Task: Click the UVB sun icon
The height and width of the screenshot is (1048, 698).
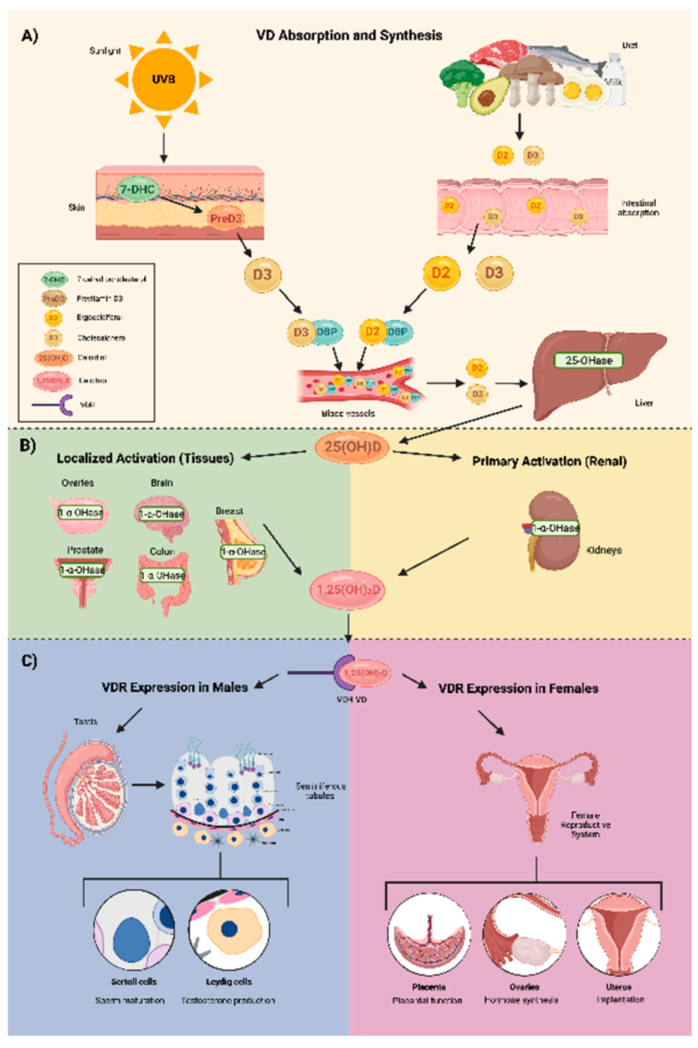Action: [x=163, y=80]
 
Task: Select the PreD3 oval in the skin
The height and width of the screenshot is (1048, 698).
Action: [x=225, y=218]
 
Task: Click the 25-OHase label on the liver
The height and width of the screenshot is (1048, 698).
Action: [x=588, y=360]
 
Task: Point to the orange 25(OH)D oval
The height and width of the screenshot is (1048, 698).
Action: [x=352, y=446]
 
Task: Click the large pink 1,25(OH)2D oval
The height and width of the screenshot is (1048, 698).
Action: [x=347, y=590]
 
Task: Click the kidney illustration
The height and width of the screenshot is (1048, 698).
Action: [x=552, y=530]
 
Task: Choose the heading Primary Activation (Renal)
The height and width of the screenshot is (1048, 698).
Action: [x=549, y=461]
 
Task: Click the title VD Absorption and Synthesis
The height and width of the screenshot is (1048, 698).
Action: [x=349, y=35]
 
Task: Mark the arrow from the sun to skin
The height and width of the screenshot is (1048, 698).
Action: [x=163, y=147]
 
